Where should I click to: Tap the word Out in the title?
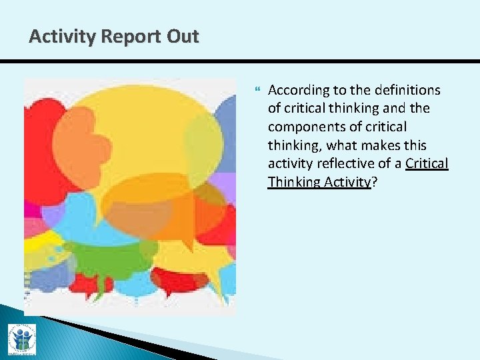click(x=182, y=36)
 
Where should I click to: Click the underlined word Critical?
click(x=427, y=164)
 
